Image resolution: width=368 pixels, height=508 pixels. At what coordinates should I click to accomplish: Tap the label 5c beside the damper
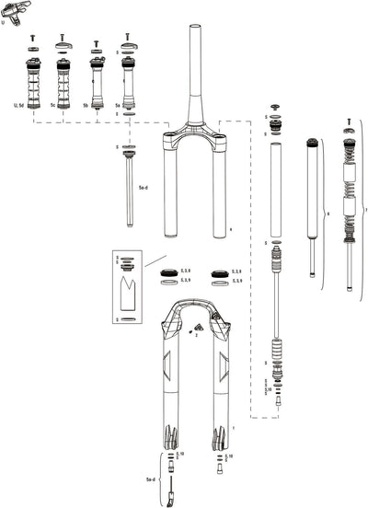[53, 107]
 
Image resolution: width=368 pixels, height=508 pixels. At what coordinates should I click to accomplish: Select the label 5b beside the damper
[86, 107]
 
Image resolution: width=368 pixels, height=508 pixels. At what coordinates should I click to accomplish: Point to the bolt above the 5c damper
[63, 39]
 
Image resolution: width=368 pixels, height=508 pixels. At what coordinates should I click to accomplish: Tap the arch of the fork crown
[194, 139]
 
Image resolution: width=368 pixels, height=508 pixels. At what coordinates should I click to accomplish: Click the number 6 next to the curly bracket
[328, 214]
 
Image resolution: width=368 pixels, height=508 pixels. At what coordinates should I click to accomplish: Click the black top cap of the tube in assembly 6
[312, 142]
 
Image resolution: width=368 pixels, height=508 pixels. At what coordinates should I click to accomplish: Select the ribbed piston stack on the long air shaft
[274, 352]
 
